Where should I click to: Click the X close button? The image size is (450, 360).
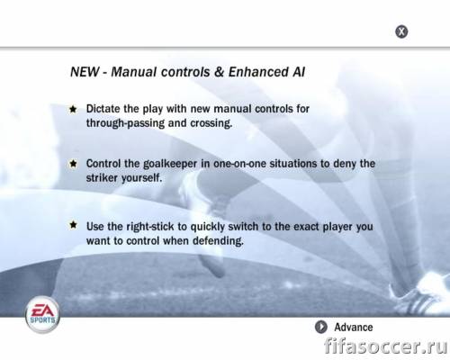[401, 31]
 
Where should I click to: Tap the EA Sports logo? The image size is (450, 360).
[42, 315]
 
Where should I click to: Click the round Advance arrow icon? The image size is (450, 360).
[321, 327]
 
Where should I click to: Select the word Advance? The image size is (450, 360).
[354, 327]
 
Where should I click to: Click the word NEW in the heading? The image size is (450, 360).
[85, 72]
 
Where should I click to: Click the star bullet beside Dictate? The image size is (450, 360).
[73, 109]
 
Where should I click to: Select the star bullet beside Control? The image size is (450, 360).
[73, 164]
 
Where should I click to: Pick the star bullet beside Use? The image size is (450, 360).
[73, 225]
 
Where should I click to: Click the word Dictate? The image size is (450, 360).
[103, 109]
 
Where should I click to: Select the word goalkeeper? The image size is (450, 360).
[170, 164]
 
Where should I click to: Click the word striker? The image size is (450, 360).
[102, 178]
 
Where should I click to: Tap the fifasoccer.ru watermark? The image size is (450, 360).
[385, 346]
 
